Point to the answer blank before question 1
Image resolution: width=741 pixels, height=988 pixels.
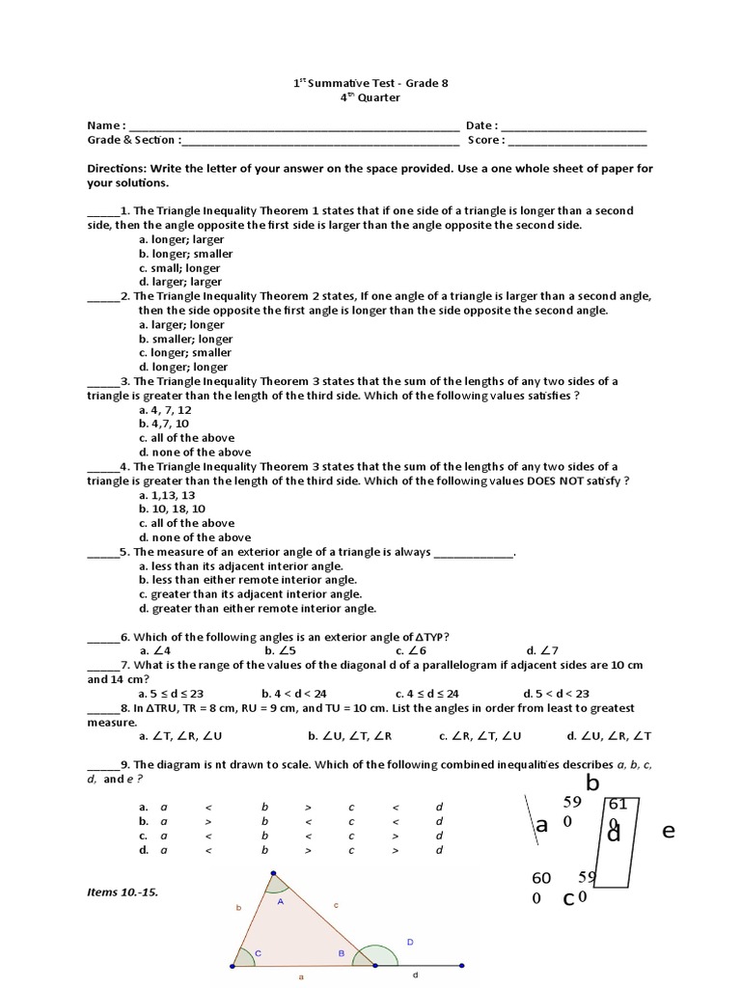coord(100,211)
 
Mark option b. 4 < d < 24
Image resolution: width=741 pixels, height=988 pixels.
coord(294,694)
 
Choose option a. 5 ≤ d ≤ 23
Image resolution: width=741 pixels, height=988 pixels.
coord(171,694)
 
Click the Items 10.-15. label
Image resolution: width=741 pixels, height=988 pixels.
coord(123,892)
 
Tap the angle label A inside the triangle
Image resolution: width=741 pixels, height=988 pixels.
coord(281,901)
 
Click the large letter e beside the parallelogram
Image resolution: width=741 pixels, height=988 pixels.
coord(668,831)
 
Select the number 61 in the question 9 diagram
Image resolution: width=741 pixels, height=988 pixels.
coord(617,805)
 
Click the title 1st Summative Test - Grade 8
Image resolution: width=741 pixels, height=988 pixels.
coord(370,83)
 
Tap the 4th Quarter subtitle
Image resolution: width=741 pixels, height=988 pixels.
coord(370,97)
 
